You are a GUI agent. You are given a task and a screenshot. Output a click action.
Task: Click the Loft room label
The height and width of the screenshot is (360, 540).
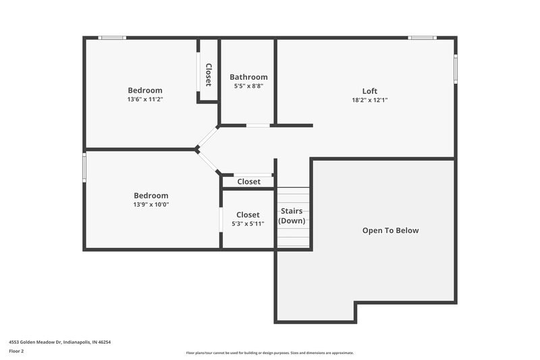coord(369,91)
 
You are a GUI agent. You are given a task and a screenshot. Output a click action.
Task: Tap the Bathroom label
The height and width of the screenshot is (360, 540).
coord(248,77)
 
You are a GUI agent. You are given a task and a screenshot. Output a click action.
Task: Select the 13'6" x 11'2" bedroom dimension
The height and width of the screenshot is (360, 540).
coord(145,99)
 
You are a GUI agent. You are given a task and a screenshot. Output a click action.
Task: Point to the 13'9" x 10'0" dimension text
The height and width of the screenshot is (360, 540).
coord(151,205)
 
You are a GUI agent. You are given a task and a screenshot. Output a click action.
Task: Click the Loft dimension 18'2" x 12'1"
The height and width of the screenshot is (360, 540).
coord(369,100)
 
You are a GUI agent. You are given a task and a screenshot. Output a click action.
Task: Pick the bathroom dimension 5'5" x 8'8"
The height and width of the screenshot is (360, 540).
coord(248,86)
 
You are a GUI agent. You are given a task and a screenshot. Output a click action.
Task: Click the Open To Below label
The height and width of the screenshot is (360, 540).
coord(390,230)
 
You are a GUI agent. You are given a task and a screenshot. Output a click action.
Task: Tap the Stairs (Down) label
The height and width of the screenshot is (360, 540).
coord(292,215)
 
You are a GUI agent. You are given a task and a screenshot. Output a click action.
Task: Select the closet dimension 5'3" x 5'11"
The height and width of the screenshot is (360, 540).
coord(248,224)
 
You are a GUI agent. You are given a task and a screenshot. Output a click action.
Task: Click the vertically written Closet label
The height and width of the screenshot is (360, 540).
coord(209,75)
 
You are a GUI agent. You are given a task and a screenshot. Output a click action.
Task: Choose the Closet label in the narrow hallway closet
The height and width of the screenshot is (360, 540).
coord(248,182)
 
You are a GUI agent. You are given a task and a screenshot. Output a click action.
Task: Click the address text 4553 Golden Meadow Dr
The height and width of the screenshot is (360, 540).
coord(60,342)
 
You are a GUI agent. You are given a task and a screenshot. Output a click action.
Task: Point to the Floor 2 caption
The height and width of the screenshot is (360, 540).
coord(16,351)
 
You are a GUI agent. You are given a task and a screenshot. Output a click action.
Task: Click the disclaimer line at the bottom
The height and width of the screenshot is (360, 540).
coord(269,353)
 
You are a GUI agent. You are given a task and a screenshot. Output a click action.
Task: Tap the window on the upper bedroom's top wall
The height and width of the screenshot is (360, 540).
coord(113,38)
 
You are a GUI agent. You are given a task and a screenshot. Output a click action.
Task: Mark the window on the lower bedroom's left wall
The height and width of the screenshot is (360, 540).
coord(84,167)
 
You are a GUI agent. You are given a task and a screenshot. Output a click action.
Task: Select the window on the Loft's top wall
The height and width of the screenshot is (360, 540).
coord(422,38)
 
